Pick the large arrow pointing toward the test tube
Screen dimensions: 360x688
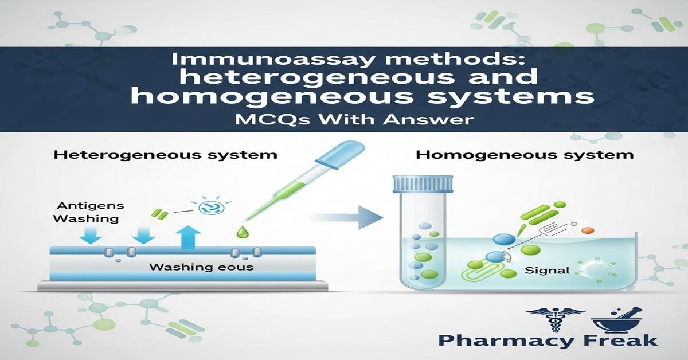pyautogui.click(x=349, y=217)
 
